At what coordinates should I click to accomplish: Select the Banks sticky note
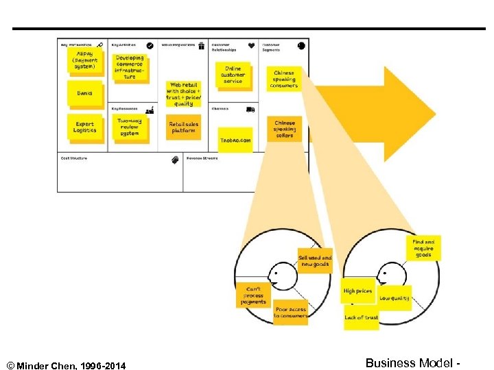pos(85,93)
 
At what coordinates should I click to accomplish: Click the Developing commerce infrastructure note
pos(130,67)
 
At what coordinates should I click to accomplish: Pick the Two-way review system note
pos(129,127)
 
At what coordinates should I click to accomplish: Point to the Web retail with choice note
pos(183,94)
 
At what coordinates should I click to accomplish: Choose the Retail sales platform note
pos(183,127)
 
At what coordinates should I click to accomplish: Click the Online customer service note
pos(233,75)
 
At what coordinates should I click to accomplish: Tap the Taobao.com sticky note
pos(235,140)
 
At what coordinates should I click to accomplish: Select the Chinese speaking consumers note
pos(283,79)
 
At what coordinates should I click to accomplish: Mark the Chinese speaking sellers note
pos(284,129)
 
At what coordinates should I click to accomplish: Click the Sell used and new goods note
pos(315,261)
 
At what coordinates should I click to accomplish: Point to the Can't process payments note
pos(253,296)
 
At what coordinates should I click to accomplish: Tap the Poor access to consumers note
pos(291,312)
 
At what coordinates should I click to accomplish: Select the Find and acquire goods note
pos(423,248)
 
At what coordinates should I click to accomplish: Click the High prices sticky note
pos(358,292)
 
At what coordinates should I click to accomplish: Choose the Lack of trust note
pos(362,318)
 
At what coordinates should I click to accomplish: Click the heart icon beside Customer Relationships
pos(252,46)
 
